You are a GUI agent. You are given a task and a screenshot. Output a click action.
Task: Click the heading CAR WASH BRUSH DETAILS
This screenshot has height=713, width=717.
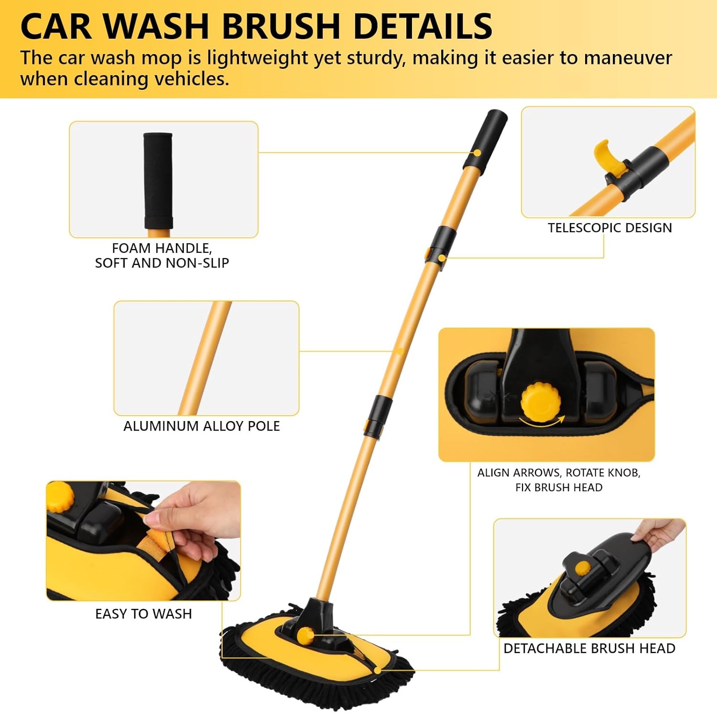coord(256,26)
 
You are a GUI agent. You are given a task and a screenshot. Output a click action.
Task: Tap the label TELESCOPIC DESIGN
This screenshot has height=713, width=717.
coord(610,227)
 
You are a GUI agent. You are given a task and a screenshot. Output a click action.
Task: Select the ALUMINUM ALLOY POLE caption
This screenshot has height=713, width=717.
coord(202,426)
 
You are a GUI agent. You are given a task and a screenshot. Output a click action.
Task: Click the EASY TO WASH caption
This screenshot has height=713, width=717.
coord(143,614)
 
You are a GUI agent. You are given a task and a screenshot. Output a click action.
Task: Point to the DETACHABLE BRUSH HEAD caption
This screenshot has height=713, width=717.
coord(589,648)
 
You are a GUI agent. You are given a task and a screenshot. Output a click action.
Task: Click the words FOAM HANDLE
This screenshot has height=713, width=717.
coord(162,248)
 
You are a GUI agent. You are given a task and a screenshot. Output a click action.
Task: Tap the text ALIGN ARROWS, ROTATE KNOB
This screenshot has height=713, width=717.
coord(559,473)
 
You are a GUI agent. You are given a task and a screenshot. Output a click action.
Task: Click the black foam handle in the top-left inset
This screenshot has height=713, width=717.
coord(158,181)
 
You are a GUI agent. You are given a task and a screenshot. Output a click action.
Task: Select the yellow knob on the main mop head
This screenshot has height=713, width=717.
coord(305,636)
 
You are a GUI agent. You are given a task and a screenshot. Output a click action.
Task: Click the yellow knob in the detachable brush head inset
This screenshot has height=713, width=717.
coord(583,568)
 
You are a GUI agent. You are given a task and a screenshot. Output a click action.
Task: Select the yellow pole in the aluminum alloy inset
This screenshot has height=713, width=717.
coord(205,358)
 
